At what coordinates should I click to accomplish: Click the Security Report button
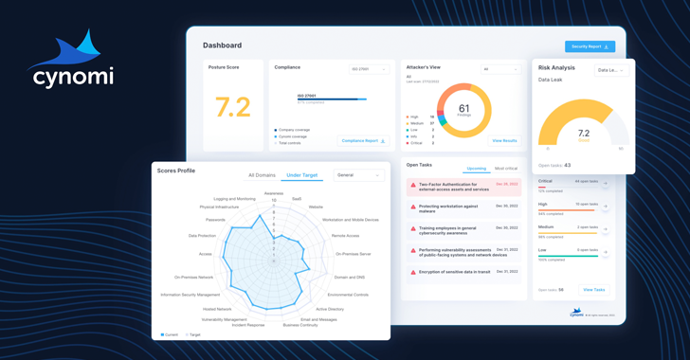tap(590, 46)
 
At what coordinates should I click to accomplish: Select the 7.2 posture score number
tap(232, 107)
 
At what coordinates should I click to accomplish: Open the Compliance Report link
tap(362, 141)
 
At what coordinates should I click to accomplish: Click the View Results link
tap(504, 141)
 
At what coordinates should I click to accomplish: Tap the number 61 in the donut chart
tap(463, 109)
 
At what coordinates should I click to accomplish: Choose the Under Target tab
tap(302, 175)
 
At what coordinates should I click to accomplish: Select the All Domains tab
tap(262, 175)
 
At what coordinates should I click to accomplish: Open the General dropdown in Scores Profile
tap(358, 175)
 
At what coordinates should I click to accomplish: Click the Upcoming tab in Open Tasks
tap(477, 169)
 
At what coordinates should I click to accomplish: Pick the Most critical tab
tap(506, 169)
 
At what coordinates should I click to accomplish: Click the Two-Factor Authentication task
tap(454, 187)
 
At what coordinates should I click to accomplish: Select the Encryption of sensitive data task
tap(454, 273)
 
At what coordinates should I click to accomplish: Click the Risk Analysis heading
tap(556, 68)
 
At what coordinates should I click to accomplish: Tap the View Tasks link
tap(593, 290)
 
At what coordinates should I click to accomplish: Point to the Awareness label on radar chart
tap(274, 193)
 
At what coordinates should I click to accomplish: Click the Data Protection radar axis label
tap(202, 236)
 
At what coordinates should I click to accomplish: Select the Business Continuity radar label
tap(300, 325)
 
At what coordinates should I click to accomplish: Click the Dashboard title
tap(222, 45)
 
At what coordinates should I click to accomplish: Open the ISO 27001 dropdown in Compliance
tap(369, 69)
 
